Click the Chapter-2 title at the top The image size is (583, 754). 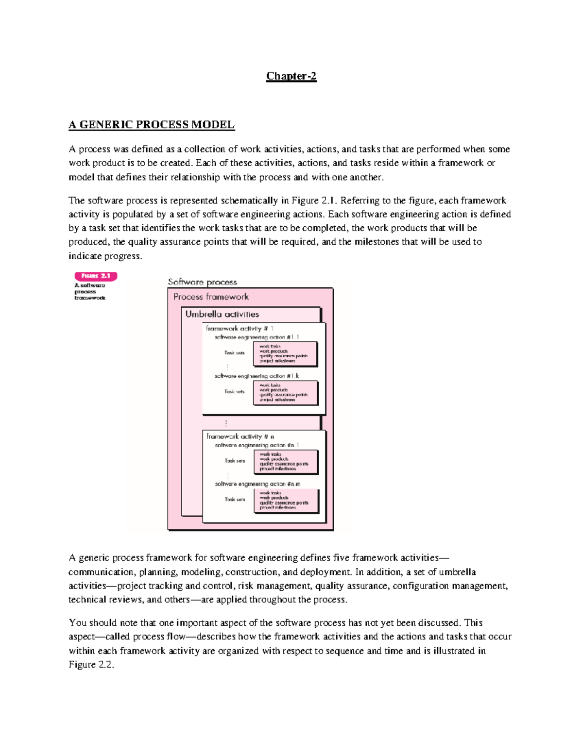coord(291,76)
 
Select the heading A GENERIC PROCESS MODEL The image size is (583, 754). coord(152,125)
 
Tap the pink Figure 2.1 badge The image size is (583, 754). coord(96,276)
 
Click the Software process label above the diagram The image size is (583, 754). coord(202,282)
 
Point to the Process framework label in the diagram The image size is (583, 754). coord(211,297)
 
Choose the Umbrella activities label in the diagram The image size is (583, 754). coord(222,314)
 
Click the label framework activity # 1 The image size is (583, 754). coord(240,329)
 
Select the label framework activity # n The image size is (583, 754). coord(240,436)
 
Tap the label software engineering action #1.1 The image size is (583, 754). coord(257,337)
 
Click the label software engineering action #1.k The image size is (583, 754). coord(257,376)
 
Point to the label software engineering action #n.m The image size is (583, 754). coord(257,484)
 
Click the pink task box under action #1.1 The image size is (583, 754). coord(286,353)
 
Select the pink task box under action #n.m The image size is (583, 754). coord(286,500)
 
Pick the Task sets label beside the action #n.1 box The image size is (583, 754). coord(235,461)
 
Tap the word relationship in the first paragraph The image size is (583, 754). coord(195,177)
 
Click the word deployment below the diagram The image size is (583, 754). coord(325,572)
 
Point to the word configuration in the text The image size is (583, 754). coord(421,586)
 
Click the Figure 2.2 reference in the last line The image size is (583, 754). coord(91,665)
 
